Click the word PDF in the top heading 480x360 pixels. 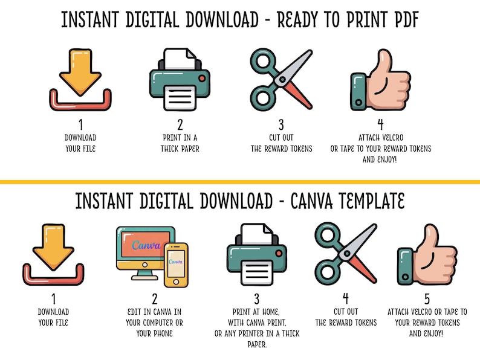(401, 20)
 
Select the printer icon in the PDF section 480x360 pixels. (180, 79)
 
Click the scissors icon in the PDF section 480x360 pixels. (281, 79)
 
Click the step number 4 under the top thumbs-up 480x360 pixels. (380, 125)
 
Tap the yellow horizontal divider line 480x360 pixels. (240, 181)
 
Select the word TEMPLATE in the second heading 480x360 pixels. (375, 201)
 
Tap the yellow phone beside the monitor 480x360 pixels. (176, 264)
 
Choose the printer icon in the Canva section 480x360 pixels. (257, 256)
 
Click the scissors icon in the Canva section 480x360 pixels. (346, 254)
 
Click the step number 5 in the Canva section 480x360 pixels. (427, 299)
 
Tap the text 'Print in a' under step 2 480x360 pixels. (180, 137)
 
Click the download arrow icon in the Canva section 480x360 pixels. (53, 254)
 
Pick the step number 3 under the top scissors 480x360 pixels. (281, 125)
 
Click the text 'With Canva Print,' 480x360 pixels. (257, 323)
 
